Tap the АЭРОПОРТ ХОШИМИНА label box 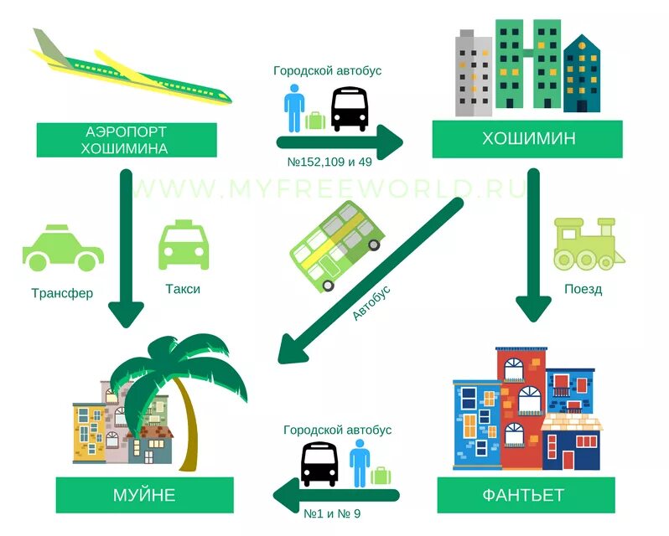(x=126, y=140)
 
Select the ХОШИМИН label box (x=527, y=139)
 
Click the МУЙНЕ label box (x=144, y=495)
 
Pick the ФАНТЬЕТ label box (x=525, y=495)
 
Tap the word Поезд (x=582, y=290)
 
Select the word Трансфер (x=62, y=293)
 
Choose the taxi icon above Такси (x=184, y=245)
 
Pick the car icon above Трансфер (x=63, y=248)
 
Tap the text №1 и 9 (x=334, y=512)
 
